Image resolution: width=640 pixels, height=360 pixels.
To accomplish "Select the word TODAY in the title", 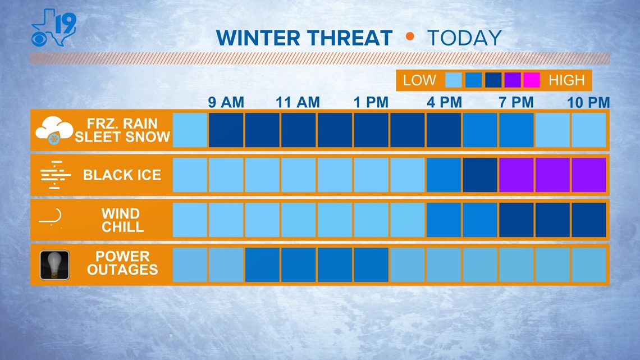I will (464, 38).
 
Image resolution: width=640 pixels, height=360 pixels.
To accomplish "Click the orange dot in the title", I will (410, 37).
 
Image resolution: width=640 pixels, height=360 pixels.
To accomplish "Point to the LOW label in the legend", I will (419, 80).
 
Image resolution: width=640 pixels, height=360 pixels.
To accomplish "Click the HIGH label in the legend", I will (566, 80).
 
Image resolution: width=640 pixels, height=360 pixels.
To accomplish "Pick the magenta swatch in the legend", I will (531, 80).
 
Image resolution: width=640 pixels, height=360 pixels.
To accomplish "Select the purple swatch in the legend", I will (512, 80).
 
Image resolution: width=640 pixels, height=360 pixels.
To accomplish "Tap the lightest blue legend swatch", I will (454, 80).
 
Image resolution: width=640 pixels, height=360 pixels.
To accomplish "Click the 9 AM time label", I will (226, 102).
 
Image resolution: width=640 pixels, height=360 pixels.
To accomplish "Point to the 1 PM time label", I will (371, 102).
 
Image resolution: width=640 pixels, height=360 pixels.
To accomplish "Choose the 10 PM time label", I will (588, 102).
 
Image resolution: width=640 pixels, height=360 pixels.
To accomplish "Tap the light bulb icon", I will (54, 265).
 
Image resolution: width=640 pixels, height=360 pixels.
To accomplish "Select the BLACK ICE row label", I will (122, 175).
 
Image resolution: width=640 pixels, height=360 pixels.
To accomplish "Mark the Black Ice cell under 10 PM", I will (588, 175).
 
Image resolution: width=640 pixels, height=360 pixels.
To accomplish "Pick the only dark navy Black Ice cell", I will (480, 175).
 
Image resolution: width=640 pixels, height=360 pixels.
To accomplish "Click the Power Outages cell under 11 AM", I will (299, 265).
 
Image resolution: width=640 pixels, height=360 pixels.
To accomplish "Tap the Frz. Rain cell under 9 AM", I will (226, 130).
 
